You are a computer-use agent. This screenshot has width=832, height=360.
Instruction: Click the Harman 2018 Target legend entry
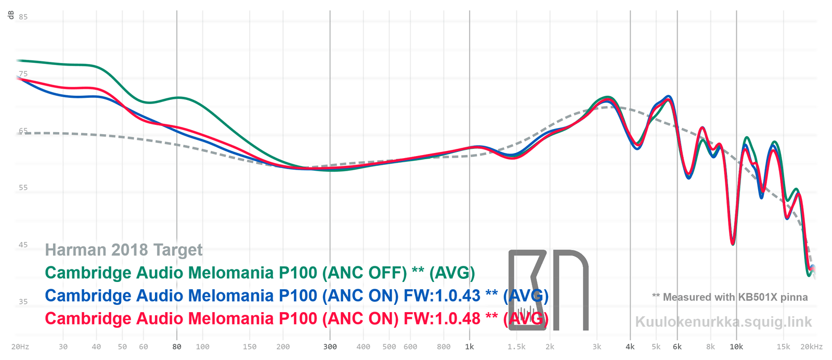coord(124,250)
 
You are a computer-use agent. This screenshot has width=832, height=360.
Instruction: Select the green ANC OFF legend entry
coord(260,273)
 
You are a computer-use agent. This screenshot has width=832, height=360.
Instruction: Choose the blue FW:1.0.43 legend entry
coord(296,295)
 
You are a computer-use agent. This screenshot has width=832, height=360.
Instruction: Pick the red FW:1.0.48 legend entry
coord(296,318)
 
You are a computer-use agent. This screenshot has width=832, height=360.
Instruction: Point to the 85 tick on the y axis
coord(23,17)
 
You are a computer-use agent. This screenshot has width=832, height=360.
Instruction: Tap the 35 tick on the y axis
coord(23,302)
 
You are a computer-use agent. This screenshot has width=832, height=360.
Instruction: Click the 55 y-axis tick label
coord(23,188)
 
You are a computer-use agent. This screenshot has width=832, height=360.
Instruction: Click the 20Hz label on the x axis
coord(20,347)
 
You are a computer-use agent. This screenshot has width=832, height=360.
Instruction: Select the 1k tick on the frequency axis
coord(470,347)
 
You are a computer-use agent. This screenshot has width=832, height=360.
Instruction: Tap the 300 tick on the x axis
coord(330,347)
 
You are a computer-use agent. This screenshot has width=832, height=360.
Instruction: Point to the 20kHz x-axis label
coord(811,347)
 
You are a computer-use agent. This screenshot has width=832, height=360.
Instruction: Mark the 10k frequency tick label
coord(736,347)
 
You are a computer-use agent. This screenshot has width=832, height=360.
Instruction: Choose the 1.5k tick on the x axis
coord(516,347)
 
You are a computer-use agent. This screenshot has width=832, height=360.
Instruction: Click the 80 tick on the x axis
coord(177,347)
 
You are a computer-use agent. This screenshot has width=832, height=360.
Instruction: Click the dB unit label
coord(11,15)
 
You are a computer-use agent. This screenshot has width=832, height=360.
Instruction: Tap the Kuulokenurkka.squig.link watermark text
coord(723,322)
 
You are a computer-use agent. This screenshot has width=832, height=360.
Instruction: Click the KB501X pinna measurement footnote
coord(730,297)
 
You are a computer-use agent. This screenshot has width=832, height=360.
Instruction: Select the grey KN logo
coord(548,290)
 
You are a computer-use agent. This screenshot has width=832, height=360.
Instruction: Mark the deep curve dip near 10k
coord(733,243)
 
